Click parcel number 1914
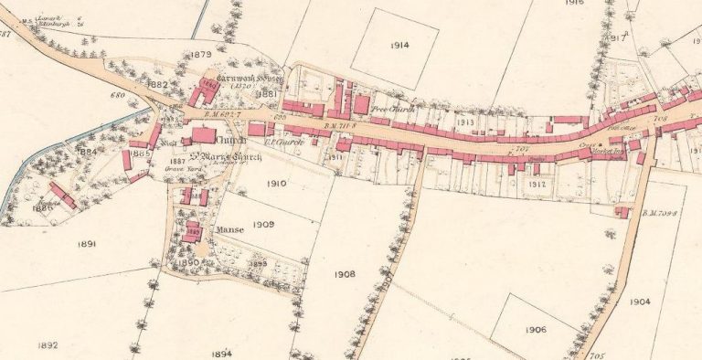tap(399, 45)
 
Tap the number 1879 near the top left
tap(200, 55)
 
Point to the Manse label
tap(229, 230)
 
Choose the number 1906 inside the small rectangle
tap(536, 329)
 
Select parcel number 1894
tap(220, 353)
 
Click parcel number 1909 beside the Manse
tap(263, 224)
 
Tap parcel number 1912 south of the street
tap(537, 184)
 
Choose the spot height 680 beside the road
tap(116, 94)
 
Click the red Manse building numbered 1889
tap(192, 231)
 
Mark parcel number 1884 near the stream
tap(88, 151)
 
